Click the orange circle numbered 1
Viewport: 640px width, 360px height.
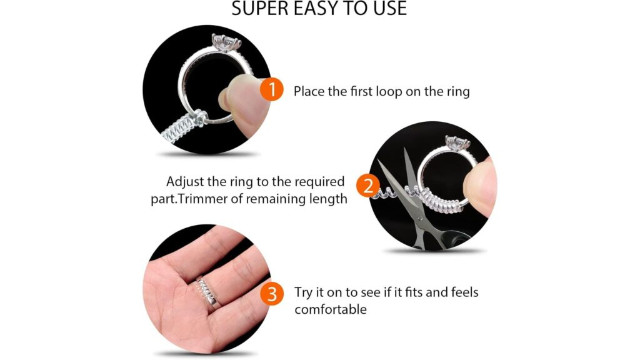[x=272, y=90]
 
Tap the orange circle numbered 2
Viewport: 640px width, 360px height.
[x=368, y=186]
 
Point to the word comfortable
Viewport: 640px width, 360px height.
[x=330, y=310]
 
